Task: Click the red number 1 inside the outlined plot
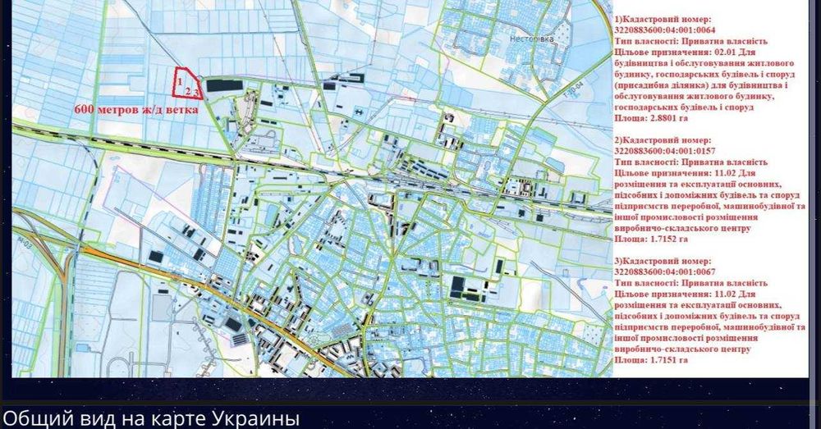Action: click(179, 81)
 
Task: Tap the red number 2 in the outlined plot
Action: click(188, 90)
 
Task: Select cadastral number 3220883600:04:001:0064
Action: click(665, 30)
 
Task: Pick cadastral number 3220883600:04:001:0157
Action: click(665, 150)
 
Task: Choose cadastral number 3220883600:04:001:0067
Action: click(665, 272)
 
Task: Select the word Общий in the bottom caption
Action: click(34, 418)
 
